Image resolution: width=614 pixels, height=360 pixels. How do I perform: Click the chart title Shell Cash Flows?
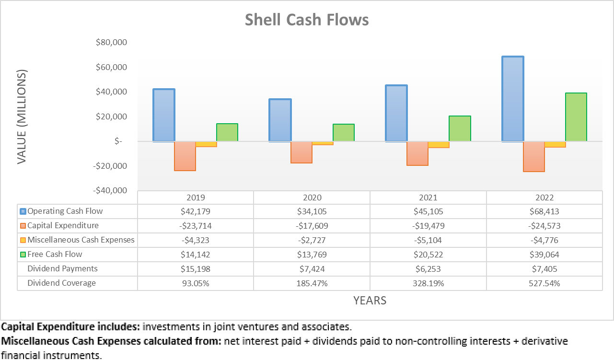tap(307, 20)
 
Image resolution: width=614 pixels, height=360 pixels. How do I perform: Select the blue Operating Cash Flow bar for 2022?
tap(512, 99)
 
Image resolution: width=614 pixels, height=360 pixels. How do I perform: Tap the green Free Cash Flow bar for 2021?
tap(460, 128)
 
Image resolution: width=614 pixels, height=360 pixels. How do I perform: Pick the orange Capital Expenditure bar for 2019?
tap(185, 156)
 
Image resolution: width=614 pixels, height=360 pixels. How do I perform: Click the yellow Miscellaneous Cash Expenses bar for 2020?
tap(323, 143)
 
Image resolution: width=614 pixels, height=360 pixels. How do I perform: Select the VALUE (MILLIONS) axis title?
tap(22, 116)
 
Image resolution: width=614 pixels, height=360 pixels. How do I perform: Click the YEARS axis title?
tap(370, 301)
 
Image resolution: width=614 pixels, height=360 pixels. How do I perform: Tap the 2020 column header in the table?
tap(312, 197)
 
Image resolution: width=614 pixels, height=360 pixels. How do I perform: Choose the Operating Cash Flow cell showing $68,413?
tap(544, 211)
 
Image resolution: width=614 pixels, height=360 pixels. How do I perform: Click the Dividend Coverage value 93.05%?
tap(196, 283)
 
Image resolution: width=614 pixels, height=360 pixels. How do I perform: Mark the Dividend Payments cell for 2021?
tap(428, 269)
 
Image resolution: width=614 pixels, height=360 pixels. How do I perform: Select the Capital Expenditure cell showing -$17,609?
tap(312, 226)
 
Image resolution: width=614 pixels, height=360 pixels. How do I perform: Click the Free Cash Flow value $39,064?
tap(544, 255)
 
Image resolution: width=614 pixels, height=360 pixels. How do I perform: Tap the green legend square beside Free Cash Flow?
tap(23, 255)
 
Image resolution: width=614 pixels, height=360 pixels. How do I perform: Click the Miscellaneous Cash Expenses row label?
tap(81, 240)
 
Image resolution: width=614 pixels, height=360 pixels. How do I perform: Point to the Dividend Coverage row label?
tap(61, 283)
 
